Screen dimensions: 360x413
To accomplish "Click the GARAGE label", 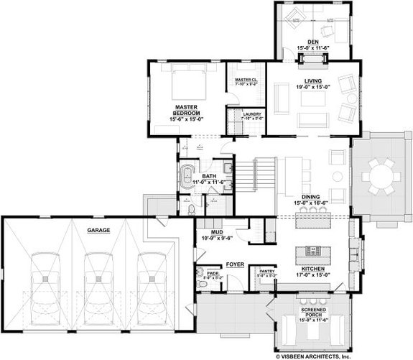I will point(99,231).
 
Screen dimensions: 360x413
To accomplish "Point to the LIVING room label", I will point(312,81).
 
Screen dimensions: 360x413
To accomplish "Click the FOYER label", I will point(235,264).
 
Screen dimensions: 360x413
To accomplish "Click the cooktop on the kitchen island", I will point(314,251).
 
